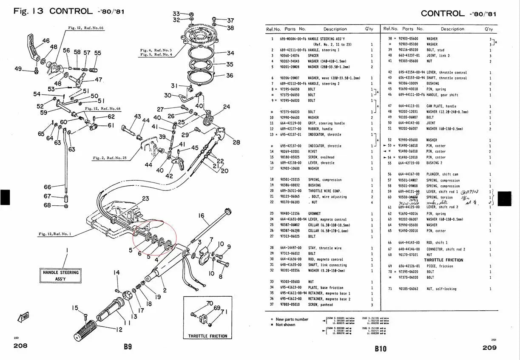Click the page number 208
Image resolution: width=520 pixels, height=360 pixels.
pos(20,346)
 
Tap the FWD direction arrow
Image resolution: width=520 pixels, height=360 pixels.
pos(22,317)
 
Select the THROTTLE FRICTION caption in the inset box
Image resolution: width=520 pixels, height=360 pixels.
pos(208,336)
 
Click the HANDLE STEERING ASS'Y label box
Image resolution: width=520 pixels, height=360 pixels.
pos(60,275)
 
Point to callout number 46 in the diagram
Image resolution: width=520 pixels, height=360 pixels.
pos(45,41)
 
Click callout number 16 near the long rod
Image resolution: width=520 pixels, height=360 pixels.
pos(201,216)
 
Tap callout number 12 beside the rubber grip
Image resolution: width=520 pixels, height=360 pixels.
pos(119,329)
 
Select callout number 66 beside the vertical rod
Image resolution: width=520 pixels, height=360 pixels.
pos(47,187)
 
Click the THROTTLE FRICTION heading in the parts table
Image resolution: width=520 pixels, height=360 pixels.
pos(443,260)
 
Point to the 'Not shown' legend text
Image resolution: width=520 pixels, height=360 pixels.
pos(285,325)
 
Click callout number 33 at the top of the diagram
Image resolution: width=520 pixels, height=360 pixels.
pos(176,14)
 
